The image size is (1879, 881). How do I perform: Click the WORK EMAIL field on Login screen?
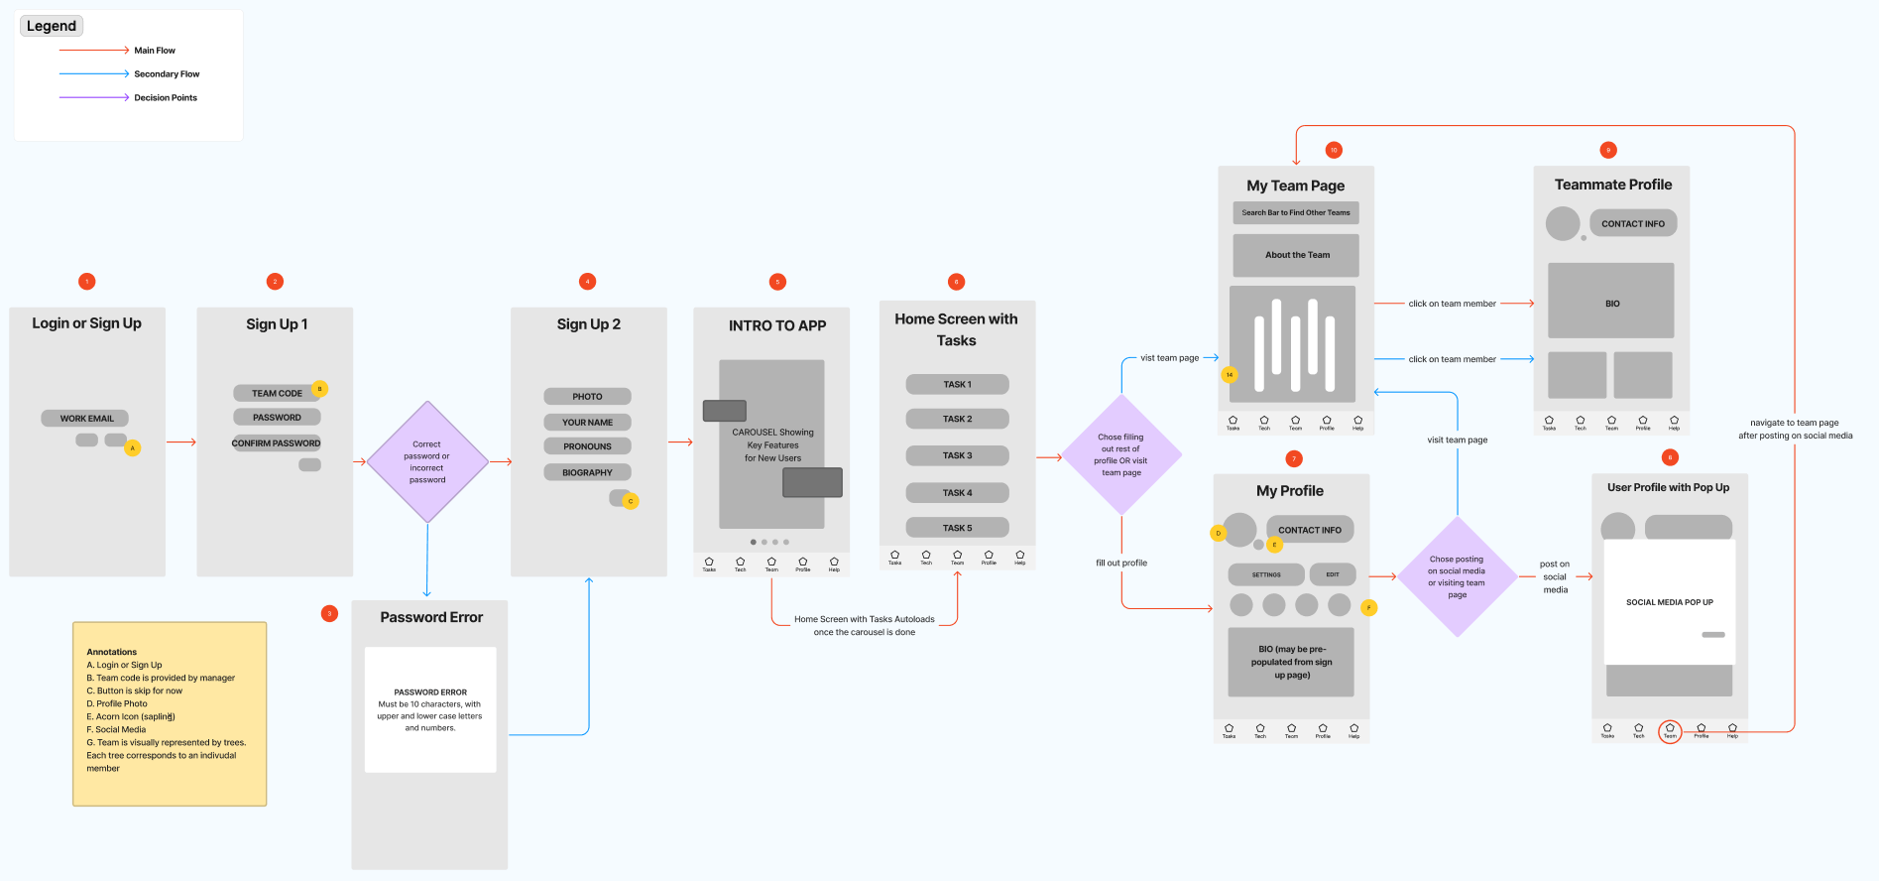[x=86, y=419]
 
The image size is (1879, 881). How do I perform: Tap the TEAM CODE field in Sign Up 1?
[x=277, y=394]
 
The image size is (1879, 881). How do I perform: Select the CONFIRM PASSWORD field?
[x=277, y=443]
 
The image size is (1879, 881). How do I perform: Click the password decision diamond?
[x=427, y=462]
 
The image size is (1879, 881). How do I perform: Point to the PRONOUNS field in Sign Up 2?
[x=587, y=446]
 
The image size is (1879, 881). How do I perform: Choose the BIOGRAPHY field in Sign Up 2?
[x=587, y=473]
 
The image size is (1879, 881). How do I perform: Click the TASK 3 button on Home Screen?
[x=957, y=456]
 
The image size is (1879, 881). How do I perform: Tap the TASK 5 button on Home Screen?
[x=957, y=528]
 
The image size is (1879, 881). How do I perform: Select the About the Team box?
[x=1296, y=255]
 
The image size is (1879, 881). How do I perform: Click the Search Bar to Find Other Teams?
[x=1296, y=212]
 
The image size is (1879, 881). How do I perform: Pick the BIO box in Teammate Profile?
[x=1611, y=302]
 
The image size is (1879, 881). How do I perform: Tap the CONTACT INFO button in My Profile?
[x=1309, y=530]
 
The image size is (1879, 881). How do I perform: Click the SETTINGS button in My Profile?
[x=1266, y=574]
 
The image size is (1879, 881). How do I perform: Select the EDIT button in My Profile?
[x=1333, y=574]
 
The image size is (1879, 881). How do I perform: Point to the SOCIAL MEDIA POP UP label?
[x=1670, y=602]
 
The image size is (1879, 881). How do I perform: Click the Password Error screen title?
[x=431, y=617]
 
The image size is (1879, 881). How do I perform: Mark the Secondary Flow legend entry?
[x=167, y=74]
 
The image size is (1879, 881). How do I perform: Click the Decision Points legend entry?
[x=166, y=98]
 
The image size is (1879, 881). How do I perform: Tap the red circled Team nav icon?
[x=1670, y=731]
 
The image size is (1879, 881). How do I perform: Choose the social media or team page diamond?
[x=1457, y=576]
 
